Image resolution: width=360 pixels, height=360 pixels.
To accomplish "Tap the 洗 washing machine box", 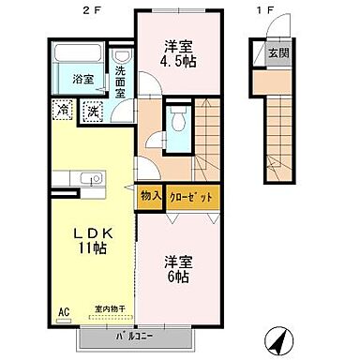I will tap(93, 112).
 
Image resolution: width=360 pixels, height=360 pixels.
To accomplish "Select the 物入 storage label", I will tap(150, 196).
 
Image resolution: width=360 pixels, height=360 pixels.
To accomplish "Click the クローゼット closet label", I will tap(194, 196).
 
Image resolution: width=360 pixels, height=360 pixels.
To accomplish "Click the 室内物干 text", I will tap(110, 307).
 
